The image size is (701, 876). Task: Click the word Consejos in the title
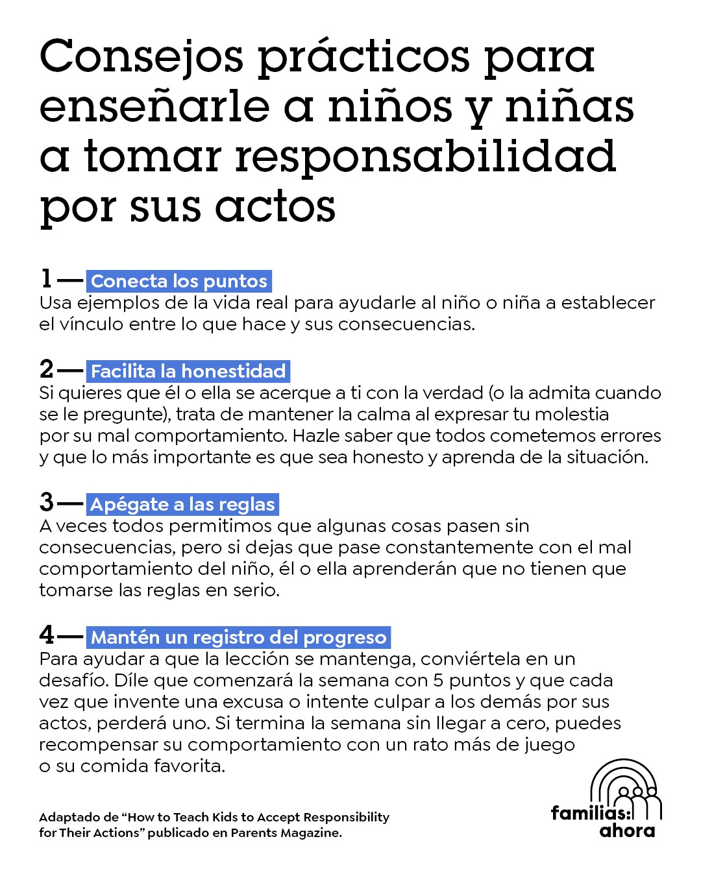click(x=141, y=57)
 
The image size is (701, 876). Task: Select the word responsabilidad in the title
click(x=425, y=157)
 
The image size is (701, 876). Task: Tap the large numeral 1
click(x=46, y=279)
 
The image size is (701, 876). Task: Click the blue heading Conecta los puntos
click(x=179, y=281)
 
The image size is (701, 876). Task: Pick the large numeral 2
click(x=47, y=369)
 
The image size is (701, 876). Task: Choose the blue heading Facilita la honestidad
click(x=188, y=371)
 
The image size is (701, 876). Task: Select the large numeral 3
click(x=47, y=502)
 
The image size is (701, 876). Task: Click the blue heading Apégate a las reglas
click(x=182, y=504)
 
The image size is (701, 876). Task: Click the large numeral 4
click(x=47, y=635)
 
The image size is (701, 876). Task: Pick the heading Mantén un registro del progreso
click(x=238, y=637)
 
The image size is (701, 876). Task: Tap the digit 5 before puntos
click(x=439, y=680)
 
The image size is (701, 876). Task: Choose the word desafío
click(x=73, y=680)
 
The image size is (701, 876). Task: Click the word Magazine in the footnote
click(x=311, y=833)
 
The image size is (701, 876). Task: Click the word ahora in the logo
click(x=627, y=831)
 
